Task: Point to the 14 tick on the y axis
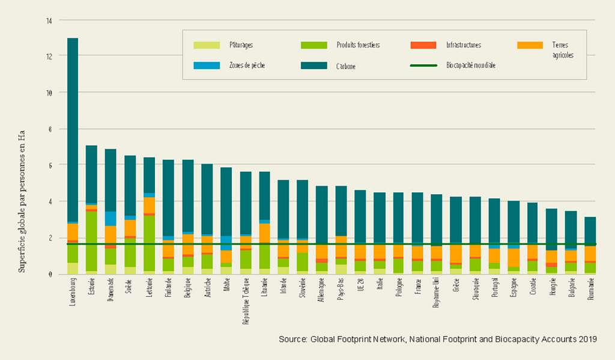coord(49,20)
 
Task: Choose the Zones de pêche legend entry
coord(246,65)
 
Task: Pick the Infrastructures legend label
coord(464,45)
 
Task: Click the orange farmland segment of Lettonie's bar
coord(149,204)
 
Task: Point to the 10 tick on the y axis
coord(49,93)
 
